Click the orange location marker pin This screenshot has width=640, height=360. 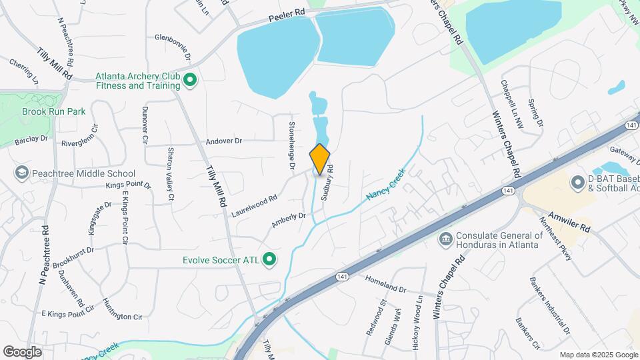point(320,159)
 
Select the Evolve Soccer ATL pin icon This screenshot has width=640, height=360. point(269,259)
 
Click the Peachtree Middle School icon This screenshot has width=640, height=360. point(21,173)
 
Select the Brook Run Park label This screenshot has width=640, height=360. point(53,111)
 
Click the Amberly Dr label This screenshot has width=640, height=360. point(288,221)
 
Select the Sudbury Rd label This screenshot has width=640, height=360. point(327,183)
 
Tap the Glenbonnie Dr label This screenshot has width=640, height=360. point(173,38)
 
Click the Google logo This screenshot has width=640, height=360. point(23,351)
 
